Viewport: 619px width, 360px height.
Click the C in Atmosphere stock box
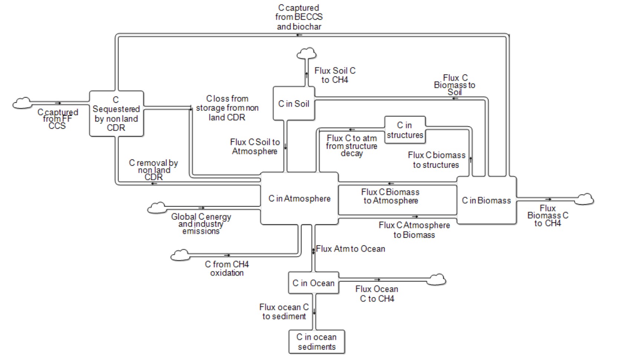(299, 199)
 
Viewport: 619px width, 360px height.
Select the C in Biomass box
(486, 201)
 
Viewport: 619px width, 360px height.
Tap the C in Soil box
(294, 104)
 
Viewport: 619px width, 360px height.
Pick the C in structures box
(405, 130)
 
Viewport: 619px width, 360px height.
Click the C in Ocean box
(313, 283)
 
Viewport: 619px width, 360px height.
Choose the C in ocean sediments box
(316, 342)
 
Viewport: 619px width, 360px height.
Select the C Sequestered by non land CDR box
(116, 114)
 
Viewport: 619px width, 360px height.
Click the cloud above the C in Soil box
(307, 54)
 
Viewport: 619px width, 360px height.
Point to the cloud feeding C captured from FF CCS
(22, 103)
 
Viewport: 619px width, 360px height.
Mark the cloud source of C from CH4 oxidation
(180, 255)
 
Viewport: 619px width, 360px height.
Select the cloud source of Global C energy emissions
(157, 208)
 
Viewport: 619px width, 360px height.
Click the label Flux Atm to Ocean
(350, 249)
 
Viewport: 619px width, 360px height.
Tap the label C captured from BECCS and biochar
(299, 17)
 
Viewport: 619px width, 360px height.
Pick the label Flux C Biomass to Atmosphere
(391, 196)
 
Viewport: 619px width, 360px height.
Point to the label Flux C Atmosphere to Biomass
(414, 230)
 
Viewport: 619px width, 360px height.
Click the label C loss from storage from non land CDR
(227, 108)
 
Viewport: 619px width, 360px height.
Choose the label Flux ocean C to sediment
(284, 312)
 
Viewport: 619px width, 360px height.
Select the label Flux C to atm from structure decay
(352, 146)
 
